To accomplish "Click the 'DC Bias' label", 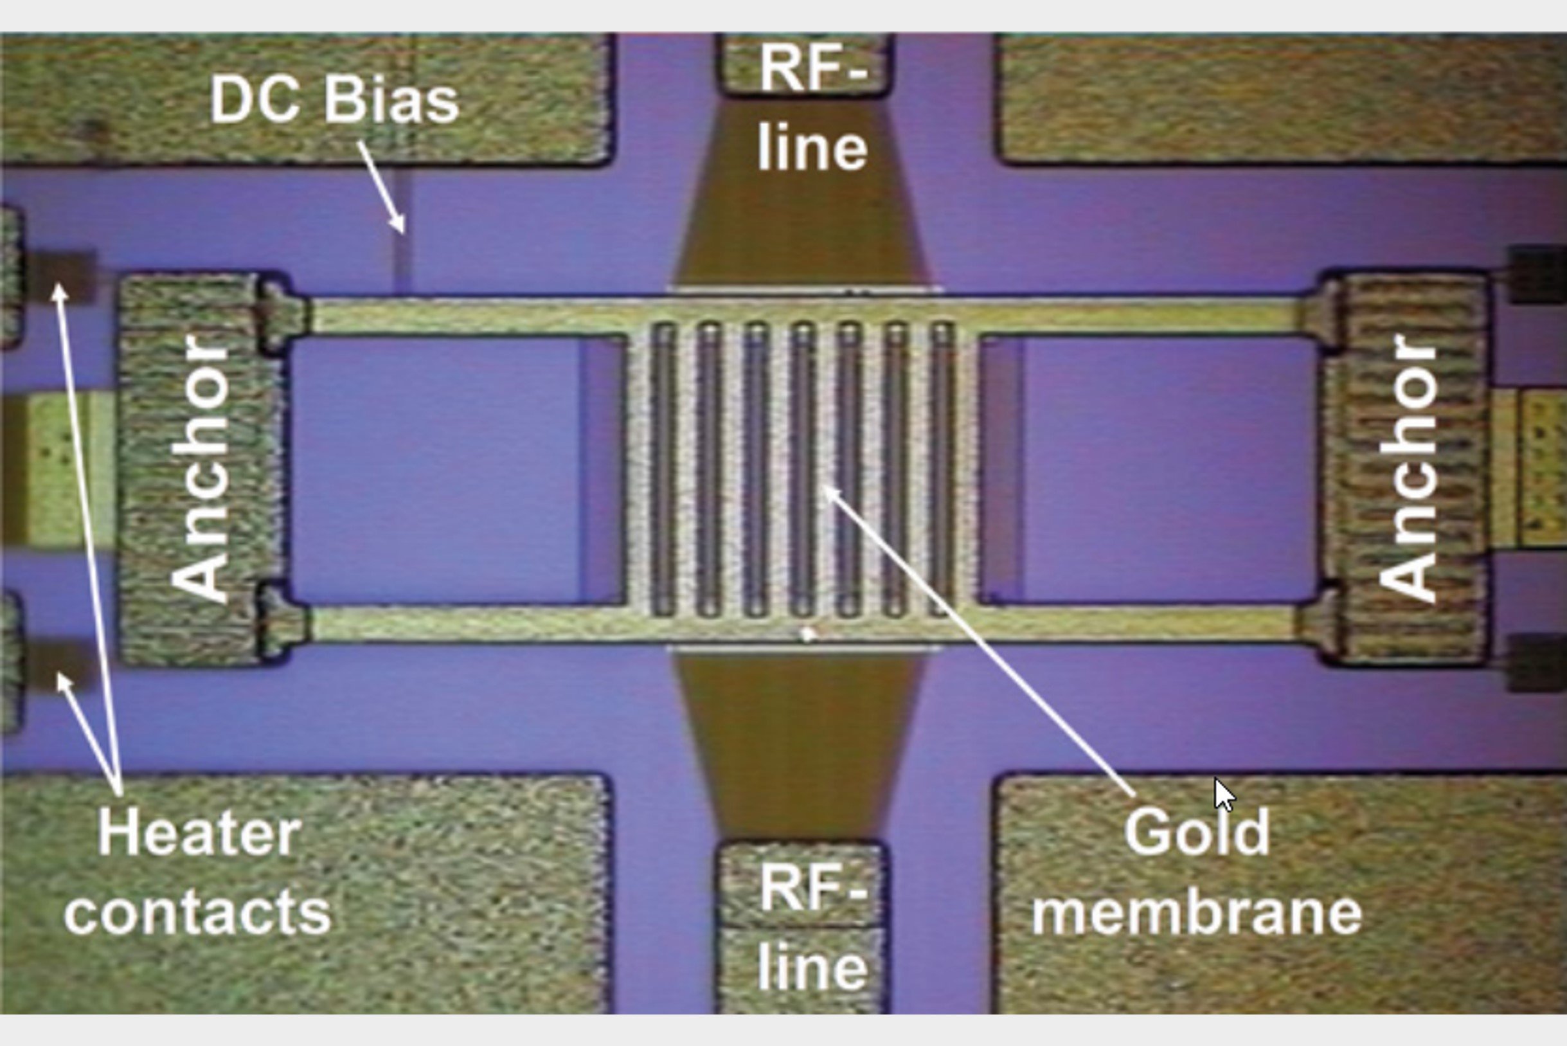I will tap(334, 102).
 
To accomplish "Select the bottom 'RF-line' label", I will tap(812, 927).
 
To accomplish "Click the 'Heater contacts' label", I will tap(198, 871).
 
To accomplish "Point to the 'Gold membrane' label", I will tap(1196, 871).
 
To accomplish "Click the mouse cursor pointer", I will tap(1223, 794).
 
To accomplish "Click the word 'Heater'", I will tap(199, 833).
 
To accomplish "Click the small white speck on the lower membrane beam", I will tap(807, 634).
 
